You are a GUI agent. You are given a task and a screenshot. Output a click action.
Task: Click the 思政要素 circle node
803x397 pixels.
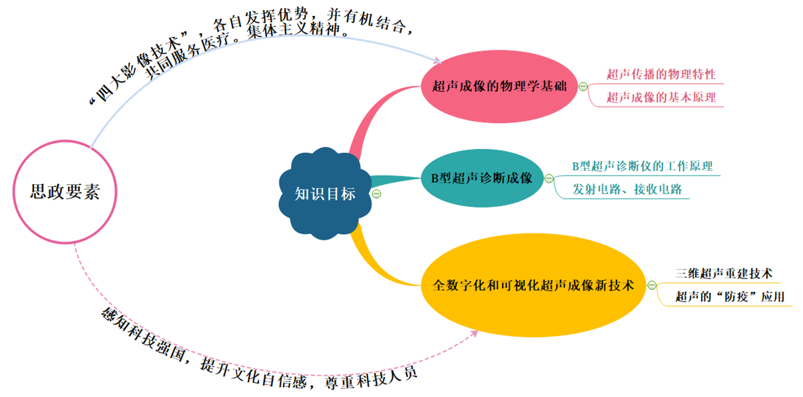pyautogui.click(x=65, y=192)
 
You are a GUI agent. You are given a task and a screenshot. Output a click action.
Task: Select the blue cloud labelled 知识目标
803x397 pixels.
pyautogui.click(x=325, y=194)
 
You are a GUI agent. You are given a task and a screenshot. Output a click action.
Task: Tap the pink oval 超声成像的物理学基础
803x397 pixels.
pyautogui.click(x=500, y=86)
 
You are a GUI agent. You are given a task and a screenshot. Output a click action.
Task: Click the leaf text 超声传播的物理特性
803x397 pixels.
pyautogui.click(x=661, y=74)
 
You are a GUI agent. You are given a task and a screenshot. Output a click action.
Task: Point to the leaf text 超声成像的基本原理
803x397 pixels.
pyautogui.click(x=661, y=97)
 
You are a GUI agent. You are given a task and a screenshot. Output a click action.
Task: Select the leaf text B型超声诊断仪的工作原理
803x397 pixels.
pyautogui.click(x=642, y=166)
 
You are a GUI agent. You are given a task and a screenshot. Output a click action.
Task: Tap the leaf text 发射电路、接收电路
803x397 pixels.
pyautogui.click(x=627, y=189)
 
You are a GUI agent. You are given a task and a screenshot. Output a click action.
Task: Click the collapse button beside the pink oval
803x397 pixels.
pyautogui.click(x=583, y=86)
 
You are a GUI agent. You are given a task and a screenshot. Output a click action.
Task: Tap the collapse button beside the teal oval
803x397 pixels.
pyautogui.click(x=549, y=178)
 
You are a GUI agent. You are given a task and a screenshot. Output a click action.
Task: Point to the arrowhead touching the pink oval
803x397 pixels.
pyautogui.click(x=437, y=61)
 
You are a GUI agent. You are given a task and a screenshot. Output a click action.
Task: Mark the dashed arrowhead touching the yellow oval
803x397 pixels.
pyautogui.click(x=473, y=332)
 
